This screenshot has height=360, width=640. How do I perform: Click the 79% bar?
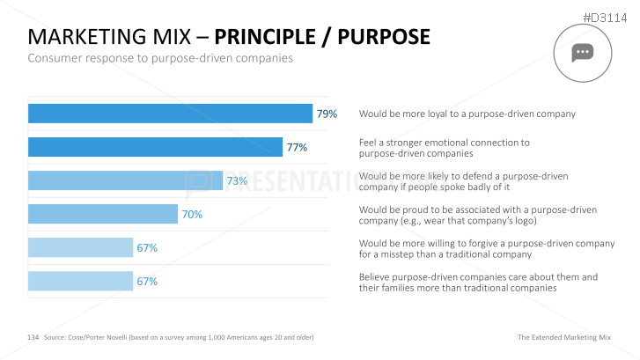coord(170,114)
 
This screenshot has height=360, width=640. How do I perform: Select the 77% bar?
coord(155,147)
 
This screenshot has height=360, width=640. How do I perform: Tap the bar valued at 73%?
coord(125,180)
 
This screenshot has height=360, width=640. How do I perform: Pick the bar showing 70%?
coord(103,214)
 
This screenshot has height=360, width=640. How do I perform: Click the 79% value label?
coord(327,114)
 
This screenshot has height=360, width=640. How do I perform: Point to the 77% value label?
coord(297,147)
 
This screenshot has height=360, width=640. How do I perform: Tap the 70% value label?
coord(192,214)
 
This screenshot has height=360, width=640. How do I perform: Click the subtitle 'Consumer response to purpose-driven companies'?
coord(160,58)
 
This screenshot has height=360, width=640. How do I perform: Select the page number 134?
coord(33,337)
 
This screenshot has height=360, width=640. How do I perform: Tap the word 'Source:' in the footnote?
coord(56,337)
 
